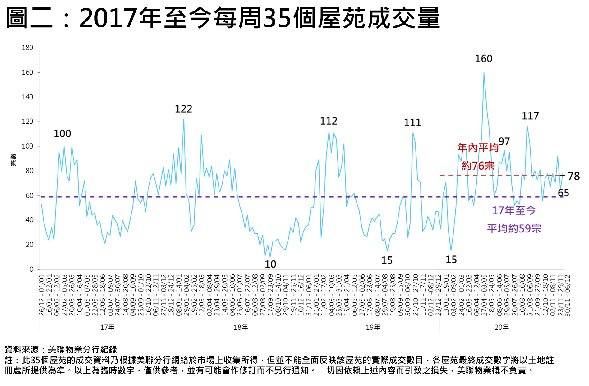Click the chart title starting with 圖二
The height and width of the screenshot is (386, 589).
point(223,18)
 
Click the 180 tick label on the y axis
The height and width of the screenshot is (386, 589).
point(27,48)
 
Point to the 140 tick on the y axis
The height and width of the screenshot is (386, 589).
point(27,97)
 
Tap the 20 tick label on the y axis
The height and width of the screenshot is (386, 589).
point(29,245)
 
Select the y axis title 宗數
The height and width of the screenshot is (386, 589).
point(13,159)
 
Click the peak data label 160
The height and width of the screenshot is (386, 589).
point(484,59)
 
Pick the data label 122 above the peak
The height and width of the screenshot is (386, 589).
point(183,109)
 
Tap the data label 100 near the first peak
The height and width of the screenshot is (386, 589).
point(62,134)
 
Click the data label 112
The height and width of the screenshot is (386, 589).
point(329,121)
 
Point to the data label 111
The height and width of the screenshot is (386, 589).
point(412,123)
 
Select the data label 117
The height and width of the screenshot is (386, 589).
point(530,116)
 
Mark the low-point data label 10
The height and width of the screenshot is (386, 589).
point(270,264)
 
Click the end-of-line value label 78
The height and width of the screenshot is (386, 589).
point(573,176)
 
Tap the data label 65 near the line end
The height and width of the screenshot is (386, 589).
point(563,193)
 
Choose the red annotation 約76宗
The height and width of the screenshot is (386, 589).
point(478,166)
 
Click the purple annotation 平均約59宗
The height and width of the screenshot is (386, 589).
point(514,228)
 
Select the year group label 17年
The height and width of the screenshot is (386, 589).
point(107,327)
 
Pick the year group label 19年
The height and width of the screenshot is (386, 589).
point(373,327)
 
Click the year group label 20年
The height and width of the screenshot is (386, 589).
point(501,327)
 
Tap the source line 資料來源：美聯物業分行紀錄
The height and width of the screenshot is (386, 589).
point(61,350)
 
